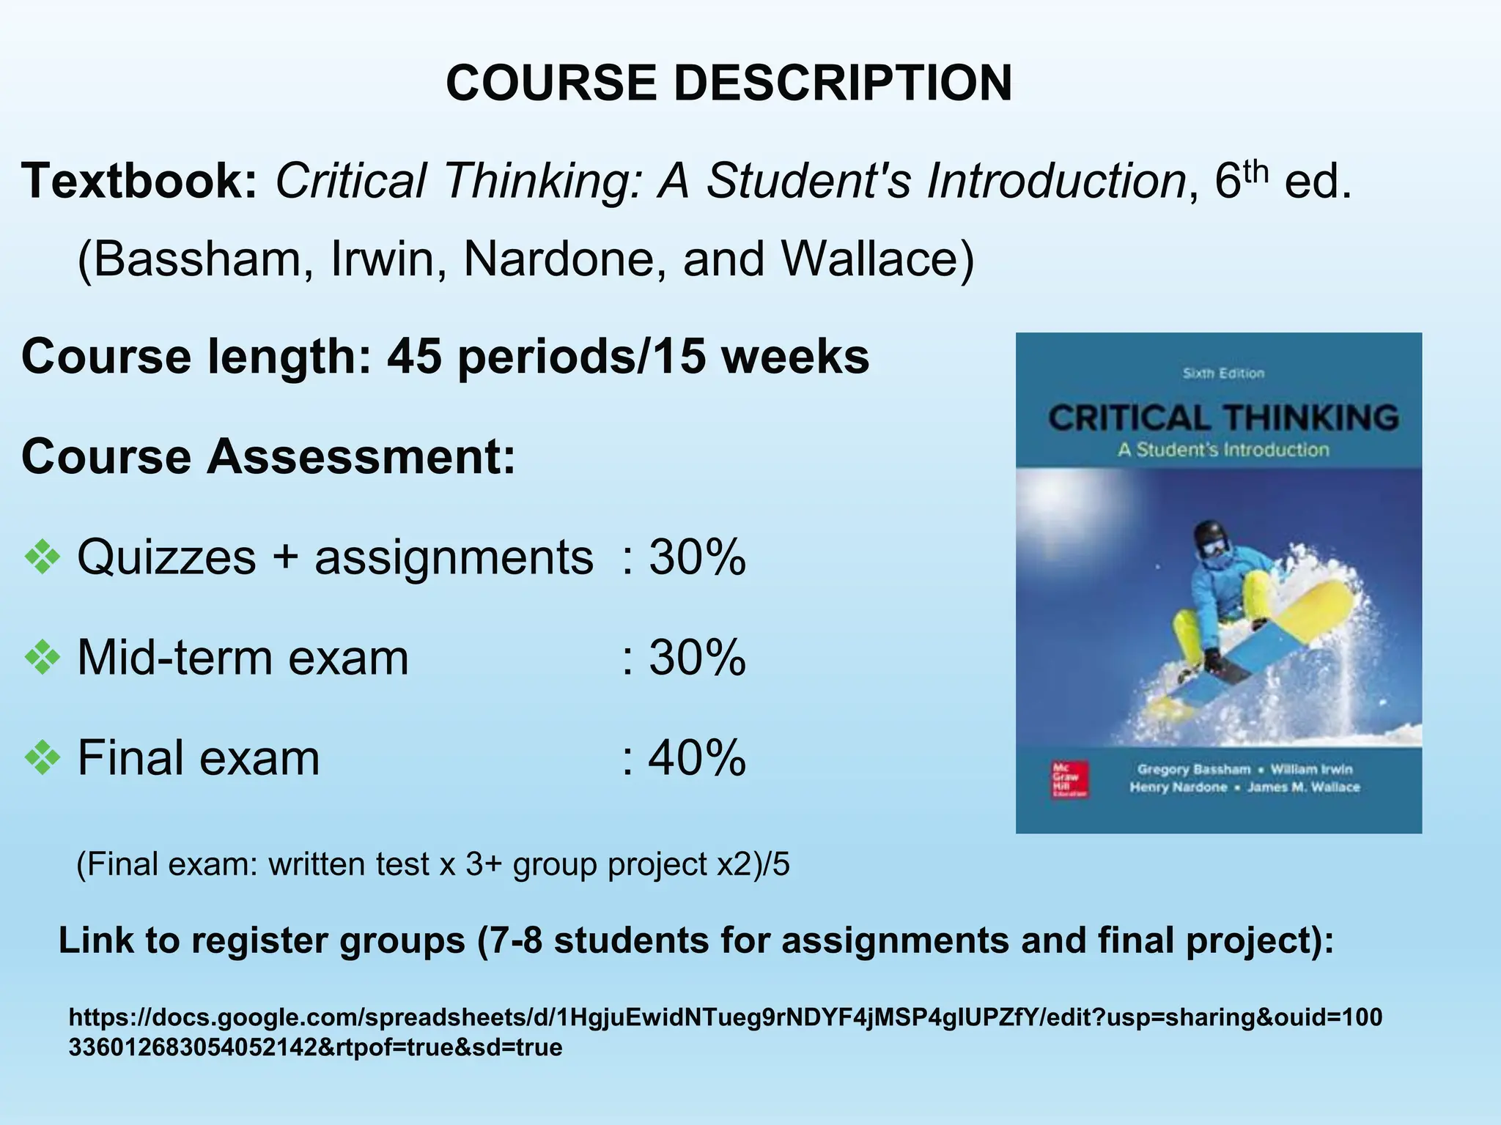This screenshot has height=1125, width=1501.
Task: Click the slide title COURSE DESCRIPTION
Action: point(729,82)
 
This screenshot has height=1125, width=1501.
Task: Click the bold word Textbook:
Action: point(139,181)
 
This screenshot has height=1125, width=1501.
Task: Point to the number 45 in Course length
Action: point(414,357)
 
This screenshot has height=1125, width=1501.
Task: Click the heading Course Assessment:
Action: point(268,456)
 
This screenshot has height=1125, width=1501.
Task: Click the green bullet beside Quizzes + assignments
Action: point(43,558)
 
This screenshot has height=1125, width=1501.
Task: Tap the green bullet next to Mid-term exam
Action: point(43,658)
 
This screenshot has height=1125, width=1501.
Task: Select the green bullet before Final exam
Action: point(43,757)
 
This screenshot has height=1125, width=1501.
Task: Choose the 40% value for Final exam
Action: point(696,757)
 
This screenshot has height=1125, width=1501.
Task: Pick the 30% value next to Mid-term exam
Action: point(696,658)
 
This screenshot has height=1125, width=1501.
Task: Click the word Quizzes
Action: point(167,557)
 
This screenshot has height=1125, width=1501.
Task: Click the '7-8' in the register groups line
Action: point(516,940)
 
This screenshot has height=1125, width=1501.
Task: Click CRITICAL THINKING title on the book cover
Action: point(1222,418)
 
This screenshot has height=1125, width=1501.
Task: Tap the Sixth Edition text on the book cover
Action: point(1223,374)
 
